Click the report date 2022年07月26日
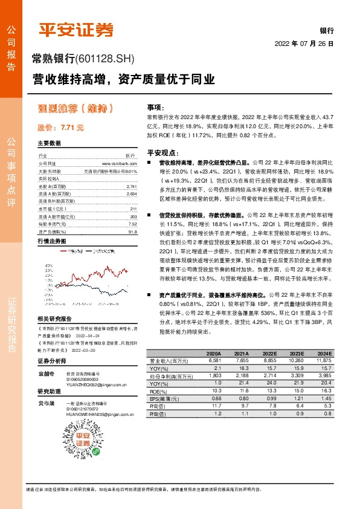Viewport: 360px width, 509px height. tap(304, 44)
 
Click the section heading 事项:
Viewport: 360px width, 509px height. tap(155, 106)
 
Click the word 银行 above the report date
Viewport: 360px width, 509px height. tap(327, 30)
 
